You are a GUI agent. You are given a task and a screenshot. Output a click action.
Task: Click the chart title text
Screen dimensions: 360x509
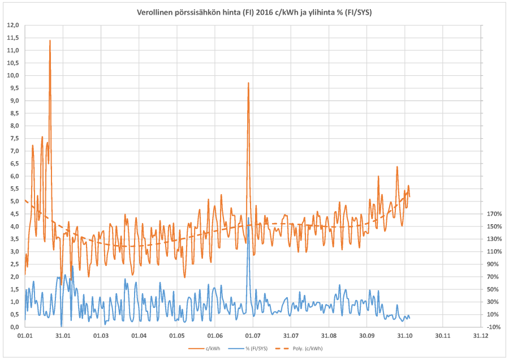tap(255, 12)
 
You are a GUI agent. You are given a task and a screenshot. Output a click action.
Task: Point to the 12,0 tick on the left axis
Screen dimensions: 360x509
tap(12, 25)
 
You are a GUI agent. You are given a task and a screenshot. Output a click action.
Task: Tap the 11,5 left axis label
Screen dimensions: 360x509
tap(12, 38)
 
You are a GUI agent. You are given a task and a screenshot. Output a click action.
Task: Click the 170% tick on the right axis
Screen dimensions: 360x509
tap(493, 214)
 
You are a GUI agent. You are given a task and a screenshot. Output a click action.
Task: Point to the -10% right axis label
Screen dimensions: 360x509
tap(493, 327)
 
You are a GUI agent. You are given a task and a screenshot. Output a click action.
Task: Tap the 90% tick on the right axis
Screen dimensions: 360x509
tap(493, 264)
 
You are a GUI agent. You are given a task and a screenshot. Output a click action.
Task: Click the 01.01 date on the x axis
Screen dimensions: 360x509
tap(25, 336)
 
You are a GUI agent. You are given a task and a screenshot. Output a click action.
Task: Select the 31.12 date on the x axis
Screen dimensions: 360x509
tap(481, 336)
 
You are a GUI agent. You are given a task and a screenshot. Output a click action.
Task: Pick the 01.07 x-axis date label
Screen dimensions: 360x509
tap(253, 336)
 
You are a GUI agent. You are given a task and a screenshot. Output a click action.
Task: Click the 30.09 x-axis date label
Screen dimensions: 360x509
tap(366, 336)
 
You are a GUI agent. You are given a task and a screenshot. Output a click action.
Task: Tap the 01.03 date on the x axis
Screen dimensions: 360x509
tap(101, 336)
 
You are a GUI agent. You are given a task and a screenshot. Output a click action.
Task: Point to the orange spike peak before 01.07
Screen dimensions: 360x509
tap(248, 83)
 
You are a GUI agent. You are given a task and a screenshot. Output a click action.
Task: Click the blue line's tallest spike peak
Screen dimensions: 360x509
tap(249, 218)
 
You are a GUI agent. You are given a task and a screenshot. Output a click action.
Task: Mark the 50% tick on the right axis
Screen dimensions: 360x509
tap(493, 289)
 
